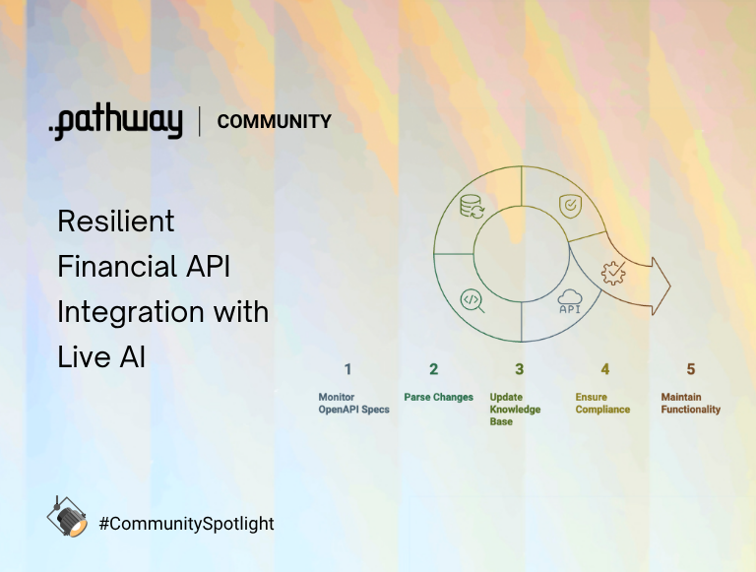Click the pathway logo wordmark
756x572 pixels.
[x=116, y=122]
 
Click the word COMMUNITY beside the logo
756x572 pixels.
[x=274, y=122]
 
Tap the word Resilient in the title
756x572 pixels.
[x=115, y=221]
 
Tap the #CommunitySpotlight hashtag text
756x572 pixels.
[x=186, y=524]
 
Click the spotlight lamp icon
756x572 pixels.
[x=67, y=517]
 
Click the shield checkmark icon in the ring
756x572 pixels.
[x=570, y=205]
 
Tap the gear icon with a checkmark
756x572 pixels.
[x=613, y=273]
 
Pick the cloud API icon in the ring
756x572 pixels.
[x=570, y=301]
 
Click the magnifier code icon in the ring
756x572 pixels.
[x=472, y=299]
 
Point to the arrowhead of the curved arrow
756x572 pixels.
[x=660, y=286]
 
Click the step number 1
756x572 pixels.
[x=347, y=369]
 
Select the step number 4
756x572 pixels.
[x=604, y=369]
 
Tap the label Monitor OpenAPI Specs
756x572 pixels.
[x=353, y=404]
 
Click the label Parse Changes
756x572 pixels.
[x=438, y=398]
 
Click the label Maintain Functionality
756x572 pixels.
[x=690, y=404]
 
